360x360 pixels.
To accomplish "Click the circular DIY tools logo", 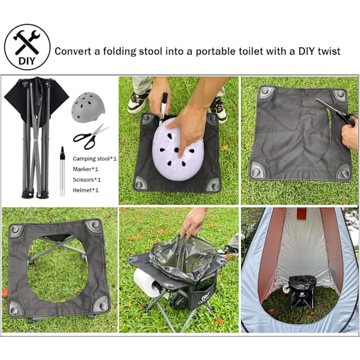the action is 28,47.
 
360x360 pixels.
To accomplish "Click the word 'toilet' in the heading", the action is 251,51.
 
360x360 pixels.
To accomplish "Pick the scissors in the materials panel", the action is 91,137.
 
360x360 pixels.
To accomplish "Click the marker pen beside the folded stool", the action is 62,172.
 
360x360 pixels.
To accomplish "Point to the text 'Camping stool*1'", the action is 95,158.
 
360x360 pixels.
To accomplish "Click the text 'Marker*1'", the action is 85,169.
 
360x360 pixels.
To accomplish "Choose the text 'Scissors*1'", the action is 86,179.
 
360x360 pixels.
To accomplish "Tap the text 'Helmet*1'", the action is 85,190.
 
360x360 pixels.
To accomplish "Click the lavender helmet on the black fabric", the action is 178,149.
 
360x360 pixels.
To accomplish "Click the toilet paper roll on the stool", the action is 148,283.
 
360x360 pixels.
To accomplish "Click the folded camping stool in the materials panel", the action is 36,137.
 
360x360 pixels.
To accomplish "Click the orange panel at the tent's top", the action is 302,214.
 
